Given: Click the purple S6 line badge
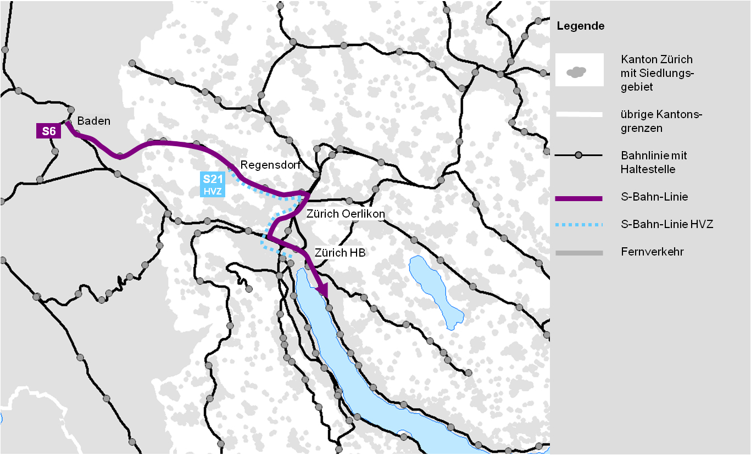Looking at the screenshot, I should tap(48, 131).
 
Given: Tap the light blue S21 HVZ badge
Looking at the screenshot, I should tap(213, 185).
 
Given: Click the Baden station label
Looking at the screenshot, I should tap(93, 121).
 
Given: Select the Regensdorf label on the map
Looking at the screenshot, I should tap(266, 165).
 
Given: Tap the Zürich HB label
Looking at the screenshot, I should tap(340, 253).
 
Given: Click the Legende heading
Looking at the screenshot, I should tap(580, 26).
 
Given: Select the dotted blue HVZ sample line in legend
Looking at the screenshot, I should tap(578, 225).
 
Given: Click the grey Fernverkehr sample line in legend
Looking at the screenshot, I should tap(578, 253).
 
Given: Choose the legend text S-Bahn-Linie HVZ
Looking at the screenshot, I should tap(667, 224).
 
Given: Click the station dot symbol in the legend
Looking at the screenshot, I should tap(578, 156).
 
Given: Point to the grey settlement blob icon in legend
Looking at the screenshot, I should tap(576, 71).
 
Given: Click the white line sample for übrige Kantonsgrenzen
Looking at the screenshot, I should tap(578, 114).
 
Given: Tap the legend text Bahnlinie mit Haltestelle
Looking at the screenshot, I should tap(654, 163).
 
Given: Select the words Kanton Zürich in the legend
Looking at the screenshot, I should tap(657, 59).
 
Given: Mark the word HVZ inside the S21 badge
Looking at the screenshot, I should tap(212, 191).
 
